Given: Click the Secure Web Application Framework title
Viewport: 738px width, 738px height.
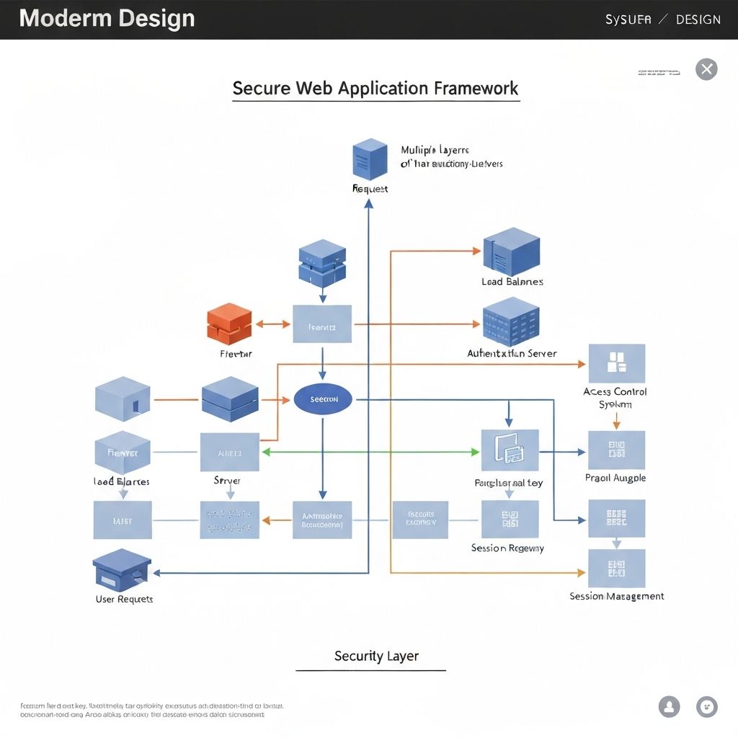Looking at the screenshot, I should (375, 89).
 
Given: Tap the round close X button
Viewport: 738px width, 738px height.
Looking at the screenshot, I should (706, 69).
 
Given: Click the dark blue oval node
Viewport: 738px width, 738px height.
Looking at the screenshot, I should (323, 399).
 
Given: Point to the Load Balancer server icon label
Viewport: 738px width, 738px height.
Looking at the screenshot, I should (512, 282).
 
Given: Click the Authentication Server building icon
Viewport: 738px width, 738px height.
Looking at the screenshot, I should (511, 321).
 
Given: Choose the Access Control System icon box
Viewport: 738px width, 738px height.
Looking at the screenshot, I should (616, 363).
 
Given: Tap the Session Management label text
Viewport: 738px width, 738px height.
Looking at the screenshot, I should (616, 597).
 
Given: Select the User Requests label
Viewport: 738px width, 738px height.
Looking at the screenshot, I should (124, 600).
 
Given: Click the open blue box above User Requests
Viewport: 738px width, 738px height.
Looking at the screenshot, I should (122, 569).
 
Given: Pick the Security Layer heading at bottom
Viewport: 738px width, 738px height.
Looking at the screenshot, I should (376, 657).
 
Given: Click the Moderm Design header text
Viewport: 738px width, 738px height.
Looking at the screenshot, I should (107, 19).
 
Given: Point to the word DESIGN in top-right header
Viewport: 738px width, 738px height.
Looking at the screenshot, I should (698, 19).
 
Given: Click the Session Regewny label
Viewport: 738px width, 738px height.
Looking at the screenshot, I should (507, 548).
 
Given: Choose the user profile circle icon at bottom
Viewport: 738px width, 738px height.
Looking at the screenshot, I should (669, 706).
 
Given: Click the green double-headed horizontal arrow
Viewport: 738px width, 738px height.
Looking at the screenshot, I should (370, 452).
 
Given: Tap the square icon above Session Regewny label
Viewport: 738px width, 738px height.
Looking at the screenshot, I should (510, 520).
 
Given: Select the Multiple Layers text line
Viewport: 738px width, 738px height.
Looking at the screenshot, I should (435, 150).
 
